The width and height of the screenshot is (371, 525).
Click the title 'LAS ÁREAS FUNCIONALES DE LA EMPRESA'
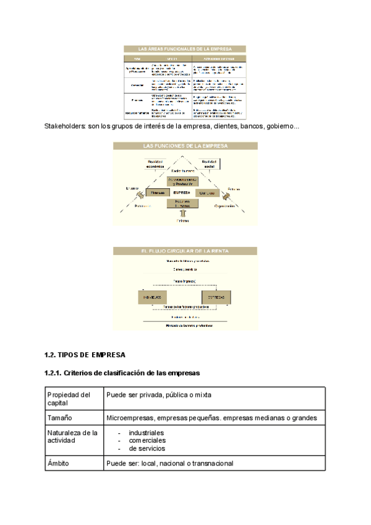[x=185, y=48]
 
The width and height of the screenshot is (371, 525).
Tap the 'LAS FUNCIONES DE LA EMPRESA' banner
[x=185, y=146]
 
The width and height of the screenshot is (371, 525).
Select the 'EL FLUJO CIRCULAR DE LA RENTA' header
[x=185, y=251]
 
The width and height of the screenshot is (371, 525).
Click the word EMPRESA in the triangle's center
[x=182, y=193]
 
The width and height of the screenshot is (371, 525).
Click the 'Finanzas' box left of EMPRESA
[x=156, y=193]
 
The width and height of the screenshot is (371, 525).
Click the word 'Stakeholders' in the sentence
[x=65, y=127]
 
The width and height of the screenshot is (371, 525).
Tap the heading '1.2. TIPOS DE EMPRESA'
[x=85, y=355]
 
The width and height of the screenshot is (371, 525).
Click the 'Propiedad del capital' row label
[x=69, y=399]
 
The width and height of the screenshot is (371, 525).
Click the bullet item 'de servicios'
[x=147, y=448]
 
